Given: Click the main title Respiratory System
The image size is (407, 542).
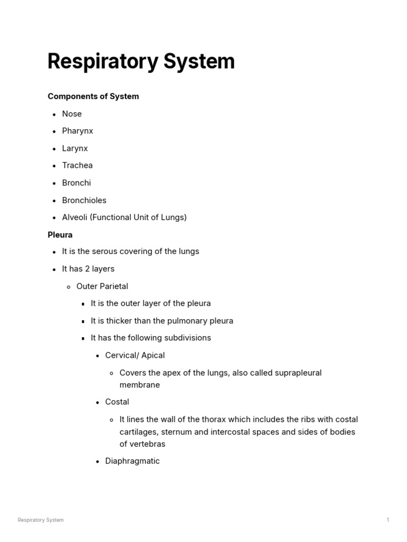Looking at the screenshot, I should coord(141,61).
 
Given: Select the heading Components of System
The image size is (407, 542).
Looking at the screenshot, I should coord(93,96).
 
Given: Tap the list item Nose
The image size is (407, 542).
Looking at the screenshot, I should coord(72,114).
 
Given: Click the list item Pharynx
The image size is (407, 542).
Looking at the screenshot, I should coord(77,131).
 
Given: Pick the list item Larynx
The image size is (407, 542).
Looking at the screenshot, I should coord(75,148).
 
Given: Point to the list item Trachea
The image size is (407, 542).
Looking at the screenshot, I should coord(77,165).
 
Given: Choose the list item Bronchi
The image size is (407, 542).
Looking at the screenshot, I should coord(76,183).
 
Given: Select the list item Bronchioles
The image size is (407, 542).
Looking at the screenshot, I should coord(84,200).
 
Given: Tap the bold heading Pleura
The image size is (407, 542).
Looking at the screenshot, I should coord(60,234).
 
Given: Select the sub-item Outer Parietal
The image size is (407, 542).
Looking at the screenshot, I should coord(102,286).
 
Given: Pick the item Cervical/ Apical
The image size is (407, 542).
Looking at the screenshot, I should coord(135,355).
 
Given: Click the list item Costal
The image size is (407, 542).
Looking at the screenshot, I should coord(117,402).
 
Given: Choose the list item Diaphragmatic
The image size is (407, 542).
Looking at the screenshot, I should coord(132,461).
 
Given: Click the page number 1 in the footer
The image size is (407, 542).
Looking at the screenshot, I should coord(388,520).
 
